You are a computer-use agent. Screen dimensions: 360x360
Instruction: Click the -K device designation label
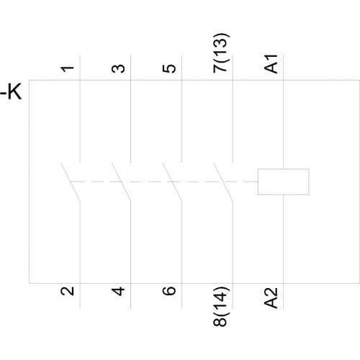[12, 91]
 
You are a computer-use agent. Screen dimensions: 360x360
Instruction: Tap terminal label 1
[68, 69]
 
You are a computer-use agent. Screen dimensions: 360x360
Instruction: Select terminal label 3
[118, 68]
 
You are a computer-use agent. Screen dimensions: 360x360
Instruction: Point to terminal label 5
[169, 68]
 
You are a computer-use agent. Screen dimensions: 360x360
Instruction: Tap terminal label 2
[68, 291]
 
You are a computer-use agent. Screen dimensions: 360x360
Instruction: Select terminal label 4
[118, 291]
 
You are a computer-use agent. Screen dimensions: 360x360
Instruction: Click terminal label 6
[169, 291]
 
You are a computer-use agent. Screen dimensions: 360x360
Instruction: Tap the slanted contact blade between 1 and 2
[70, 181]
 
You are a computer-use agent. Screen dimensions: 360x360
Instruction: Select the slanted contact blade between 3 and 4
[121, 181]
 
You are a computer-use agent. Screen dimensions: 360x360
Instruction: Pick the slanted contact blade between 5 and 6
[172, 181]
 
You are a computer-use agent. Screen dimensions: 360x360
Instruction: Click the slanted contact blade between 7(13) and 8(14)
[223, 181]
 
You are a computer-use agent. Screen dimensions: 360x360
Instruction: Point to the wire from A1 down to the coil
[284, 112]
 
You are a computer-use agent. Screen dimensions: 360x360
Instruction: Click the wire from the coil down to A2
[284, 251]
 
